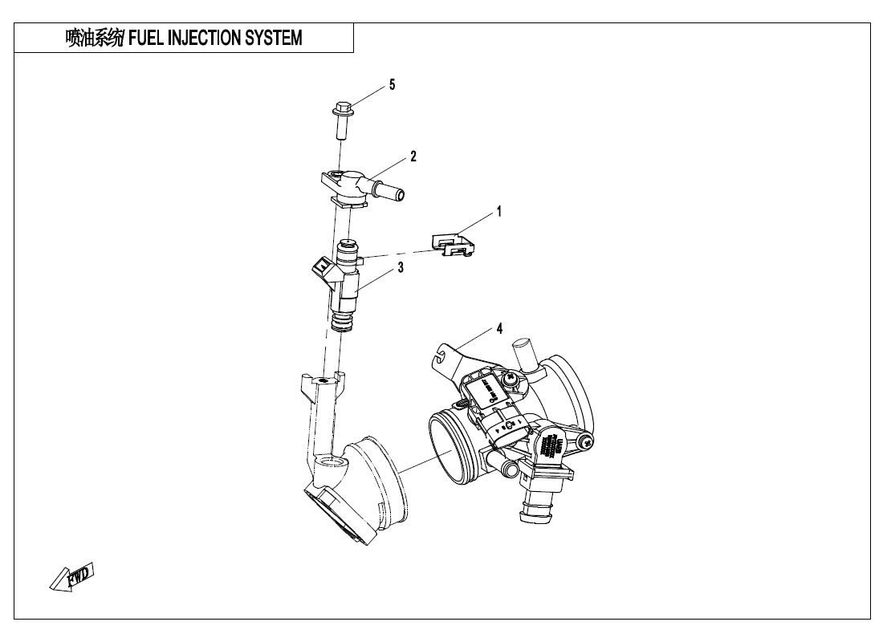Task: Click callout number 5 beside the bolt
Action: click(392, 84)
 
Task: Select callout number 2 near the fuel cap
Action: click(413, 156)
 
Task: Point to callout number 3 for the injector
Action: click(400, 268)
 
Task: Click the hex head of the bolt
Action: click(340, 107)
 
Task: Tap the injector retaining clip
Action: click(452, 244)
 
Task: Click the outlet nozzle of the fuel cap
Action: click(392, 193)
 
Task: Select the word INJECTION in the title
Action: click(208, 38)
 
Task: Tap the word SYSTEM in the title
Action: click(277, 38)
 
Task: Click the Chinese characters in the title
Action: click(95, 38)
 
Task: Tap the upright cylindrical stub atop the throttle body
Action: click(521, 355)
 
